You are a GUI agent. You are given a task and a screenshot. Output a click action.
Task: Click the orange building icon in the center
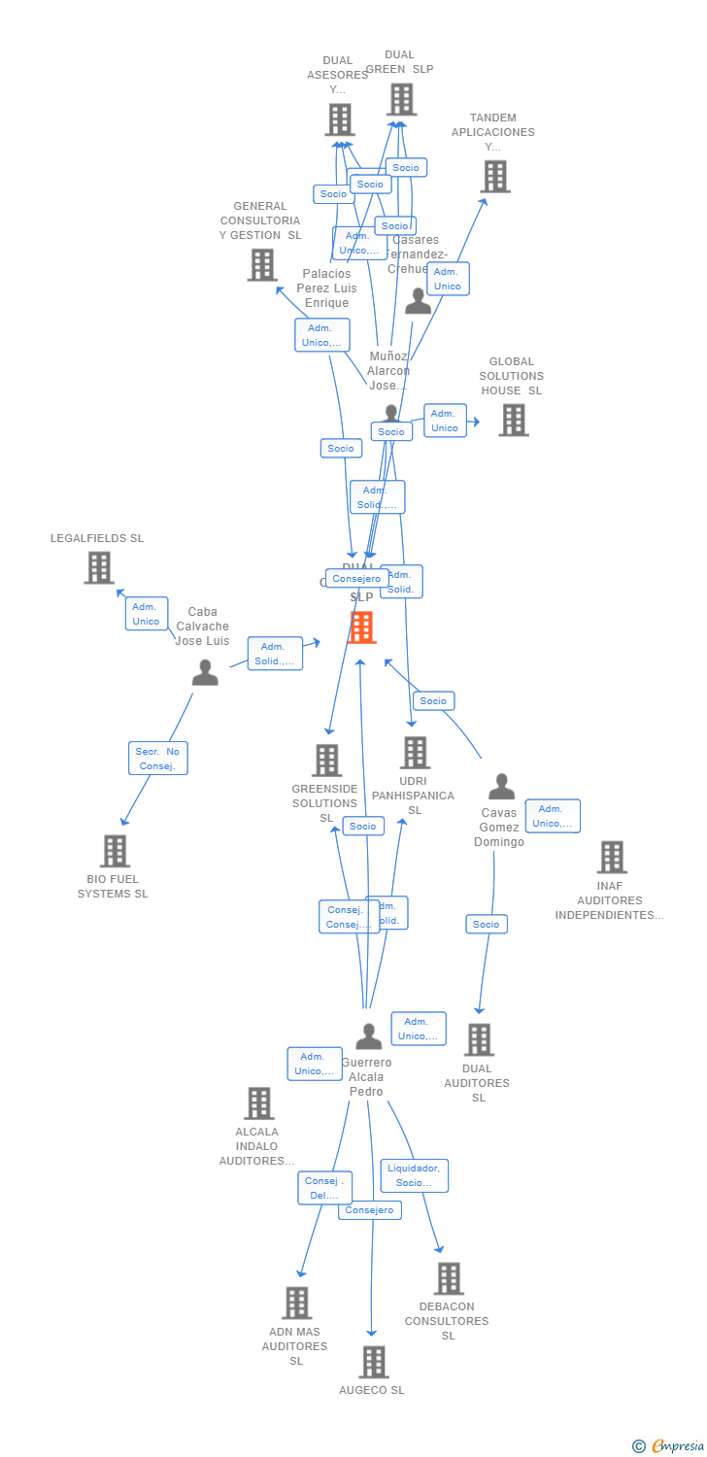(361, 627)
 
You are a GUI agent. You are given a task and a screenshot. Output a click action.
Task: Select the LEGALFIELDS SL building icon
(99, 568)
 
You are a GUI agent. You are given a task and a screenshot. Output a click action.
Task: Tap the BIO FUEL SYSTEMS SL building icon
(115, 851)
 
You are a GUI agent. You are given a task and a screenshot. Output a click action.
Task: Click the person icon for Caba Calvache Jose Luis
(205, 672)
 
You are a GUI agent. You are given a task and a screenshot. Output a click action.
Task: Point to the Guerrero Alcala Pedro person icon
(368, 1036)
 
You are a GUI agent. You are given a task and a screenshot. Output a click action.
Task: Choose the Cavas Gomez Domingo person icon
(501, 787)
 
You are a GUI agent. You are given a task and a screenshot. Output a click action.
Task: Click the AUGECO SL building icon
(373, 1362)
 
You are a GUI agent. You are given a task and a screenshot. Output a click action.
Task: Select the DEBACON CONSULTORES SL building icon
(448, 1278)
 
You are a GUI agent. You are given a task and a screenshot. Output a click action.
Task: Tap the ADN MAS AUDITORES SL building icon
(296, 1303)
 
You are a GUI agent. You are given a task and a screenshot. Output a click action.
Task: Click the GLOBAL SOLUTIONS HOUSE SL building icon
(513, 420)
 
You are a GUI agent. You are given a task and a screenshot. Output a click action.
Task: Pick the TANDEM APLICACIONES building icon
(495, 177)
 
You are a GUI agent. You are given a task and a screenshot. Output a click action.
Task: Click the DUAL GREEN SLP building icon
(401, 99)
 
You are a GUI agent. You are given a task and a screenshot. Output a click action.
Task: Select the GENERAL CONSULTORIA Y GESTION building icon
(261, 264)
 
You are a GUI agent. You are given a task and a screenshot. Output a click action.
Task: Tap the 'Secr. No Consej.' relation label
(158, 758)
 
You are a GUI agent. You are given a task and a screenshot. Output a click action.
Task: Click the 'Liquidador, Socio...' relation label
(414, 1175)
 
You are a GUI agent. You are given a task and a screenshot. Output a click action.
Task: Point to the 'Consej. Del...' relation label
(324, 1188)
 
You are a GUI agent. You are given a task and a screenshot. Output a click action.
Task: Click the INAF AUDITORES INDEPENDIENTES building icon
(611, 857)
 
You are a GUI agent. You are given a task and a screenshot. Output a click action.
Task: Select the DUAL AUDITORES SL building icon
(478, 1039)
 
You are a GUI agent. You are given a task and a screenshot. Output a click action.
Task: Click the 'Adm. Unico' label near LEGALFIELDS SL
(146, 614)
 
